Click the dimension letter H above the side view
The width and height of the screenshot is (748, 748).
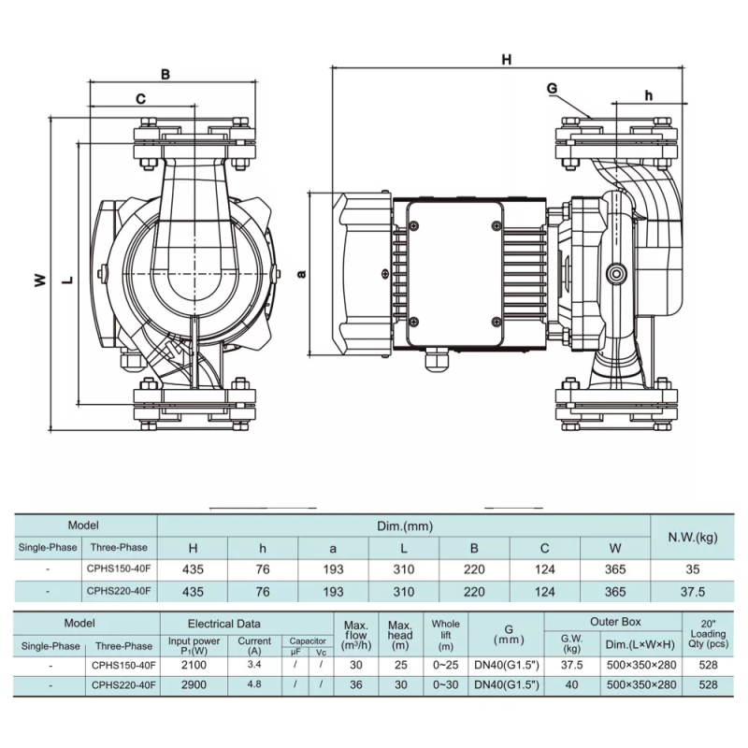(506, 60)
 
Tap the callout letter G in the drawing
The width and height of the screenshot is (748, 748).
(552, 88)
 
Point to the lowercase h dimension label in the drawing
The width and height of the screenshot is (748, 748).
(649, 94)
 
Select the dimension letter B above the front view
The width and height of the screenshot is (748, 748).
(165, 74)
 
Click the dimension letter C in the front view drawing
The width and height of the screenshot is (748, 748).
(140, 98)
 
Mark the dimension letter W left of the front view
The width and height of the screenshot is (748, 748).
(40, 279)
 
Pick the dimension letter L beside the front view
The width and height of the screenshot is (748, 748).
(69, 280)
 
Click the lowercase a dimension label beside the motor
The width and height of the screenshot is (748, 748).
(300, 273)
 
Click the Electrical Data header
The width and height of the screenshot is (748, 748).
(224, 623)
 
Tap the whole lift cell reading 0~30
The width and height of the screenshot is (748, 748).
(445, 684)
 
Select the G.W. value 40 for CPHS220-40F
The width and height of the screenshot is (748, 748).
(571, 684)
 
